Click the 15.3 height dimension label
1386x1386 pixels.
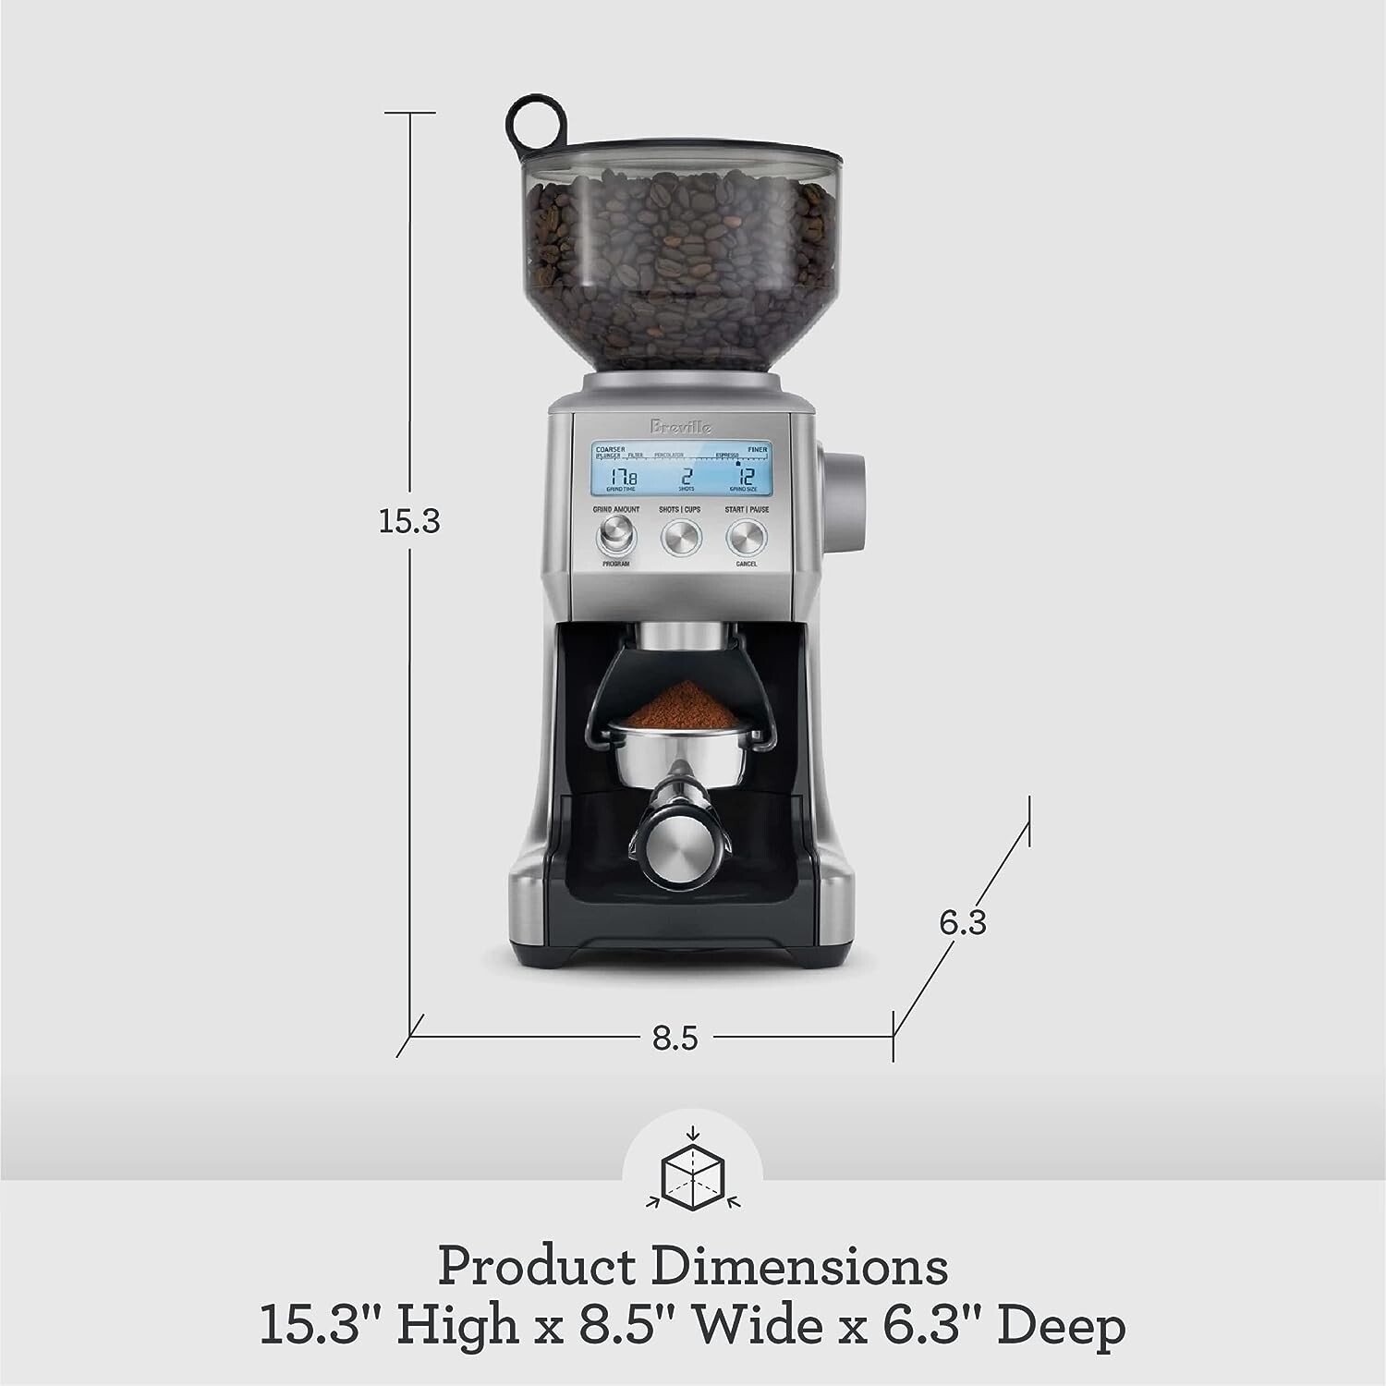(409, 522)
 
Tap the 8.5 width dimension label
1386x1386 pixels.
(675, 1038)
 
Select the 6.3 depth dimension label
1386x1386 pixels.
(964, 922)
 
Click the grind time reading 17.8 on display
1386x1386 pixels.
(621, 477)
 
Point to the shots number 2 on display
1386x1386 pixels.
(687, 477)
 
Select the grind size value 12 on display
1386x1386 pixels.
(748, 477)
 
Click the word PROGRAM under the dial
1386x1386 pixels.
(614, 563)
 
